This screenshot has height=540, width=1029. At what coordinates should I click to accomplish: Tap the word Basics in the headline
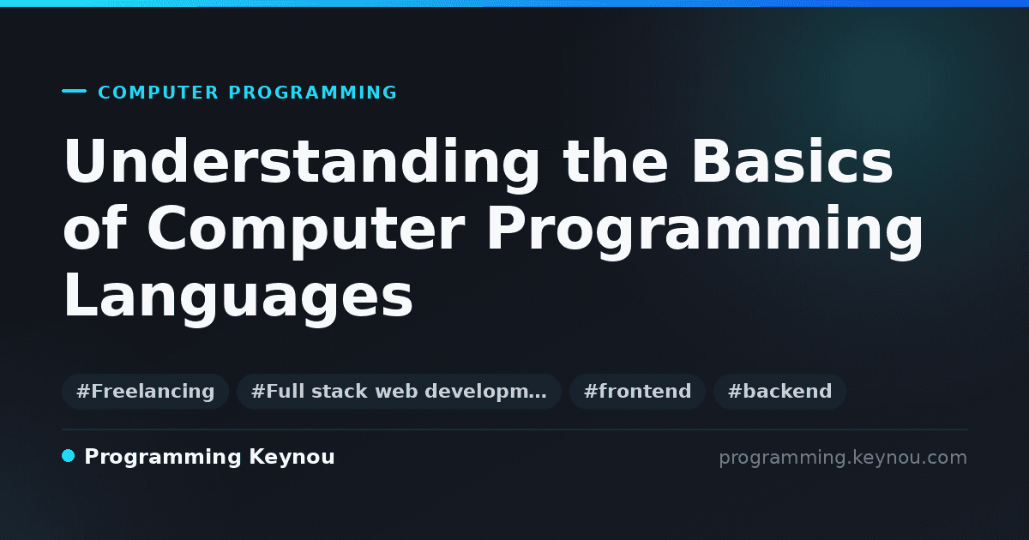pos(792,161)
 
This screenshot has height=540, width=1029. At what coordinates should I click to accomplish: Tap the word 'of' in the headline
pos(94,227)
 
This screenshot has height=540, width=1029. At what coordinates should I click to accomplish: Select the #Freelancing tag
pos(145,391)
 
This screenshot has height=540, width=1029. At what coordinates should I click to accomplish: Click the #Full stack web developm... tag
pos(399,391)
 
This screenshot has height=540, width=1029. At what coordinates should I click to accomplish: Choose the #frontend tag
pos(637,391)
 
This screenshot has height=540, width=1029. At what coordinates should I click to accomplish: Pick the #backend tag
pos(779,391)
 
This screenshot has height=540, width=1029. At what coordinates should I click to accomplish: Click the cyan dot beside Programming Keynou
pos(68,456)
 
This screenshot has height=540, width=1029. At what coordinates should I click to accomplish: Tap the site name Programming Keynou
pos(209,458)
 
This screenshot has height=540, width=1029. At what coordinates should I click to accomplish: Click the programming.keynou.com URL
pos(843,459)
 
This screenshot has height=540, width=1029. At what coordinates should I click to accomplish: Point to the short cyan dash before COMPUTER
pos(74,91)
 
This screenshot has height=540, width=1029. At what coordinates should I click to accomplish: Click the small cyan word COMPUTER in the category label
pos(158,93)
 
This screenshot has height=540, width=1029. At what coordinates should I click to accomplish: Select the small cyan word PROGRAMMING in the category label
pos(312,93)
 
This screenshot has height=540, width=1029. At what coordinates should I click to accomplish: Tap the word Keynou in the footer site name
pos(292,458)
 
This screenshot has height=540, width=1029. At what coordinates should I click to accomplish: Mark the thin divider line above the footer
pos(515,429)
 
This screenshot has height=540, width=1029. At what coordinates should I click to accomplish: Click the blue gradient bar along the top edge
pos(514,3)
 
